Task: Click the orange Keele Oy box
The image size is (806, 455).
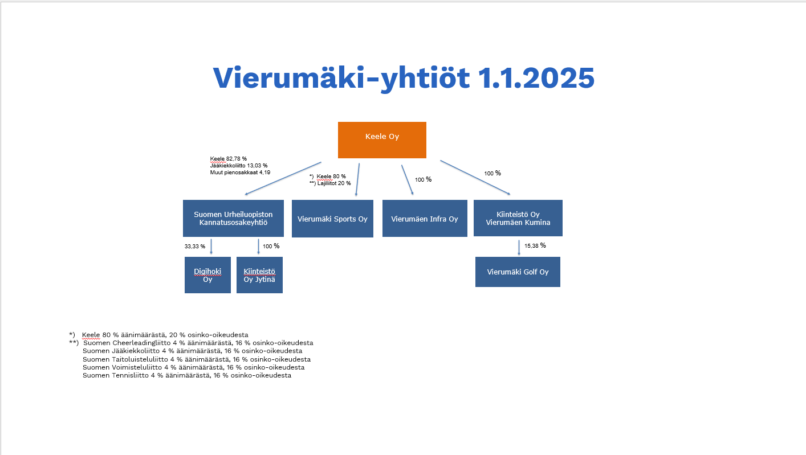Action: [x=382, y=140]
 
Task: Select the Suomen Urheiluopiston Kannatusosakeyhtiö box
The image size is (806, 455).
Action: [x=233, y=218]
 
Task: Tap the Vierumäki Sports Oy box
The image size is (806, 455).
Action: [x=332, y=219]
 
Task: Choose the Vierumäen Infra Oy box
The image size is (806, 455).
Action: [x=425, y=219]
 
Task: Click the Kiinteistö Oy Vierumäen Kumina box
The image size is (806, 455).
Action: [x=518, y=218]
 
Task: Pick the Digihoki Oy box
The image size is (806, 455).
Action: [x=207, y=275]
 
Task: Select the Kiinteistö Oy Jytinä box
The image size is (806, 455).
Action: [x=259, y=275]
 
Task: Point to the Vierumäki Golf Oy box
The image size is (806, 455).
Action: [x=518, y=272]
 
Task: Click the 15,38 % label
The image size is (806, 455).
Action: [x=535, y=245]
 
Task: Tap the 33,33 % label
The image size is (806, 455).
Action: [x=195, y=247]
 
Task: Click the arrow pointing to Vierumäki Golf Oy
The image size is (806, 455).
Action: [x=519, y=247]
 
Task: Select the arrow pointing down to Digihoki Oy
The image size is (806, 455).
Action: [x=211, y=246]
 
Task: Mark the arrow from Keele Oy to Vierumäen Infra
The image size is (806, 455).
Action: [x=407, y=180]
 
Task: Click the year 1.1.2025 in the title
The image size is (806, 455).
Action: [x=535, y=78]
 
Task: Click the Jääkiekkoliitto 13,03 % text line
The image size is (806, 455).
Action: [x=239, y=165]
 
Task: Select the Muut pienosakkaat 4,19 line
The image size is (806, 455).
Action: [x=240, y=172]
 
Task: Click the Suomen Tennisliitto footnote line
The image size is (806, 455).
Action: [x=186, y=375]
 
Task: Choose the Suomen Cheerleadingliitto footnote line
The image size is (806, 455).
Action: [x=198, y=343]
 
